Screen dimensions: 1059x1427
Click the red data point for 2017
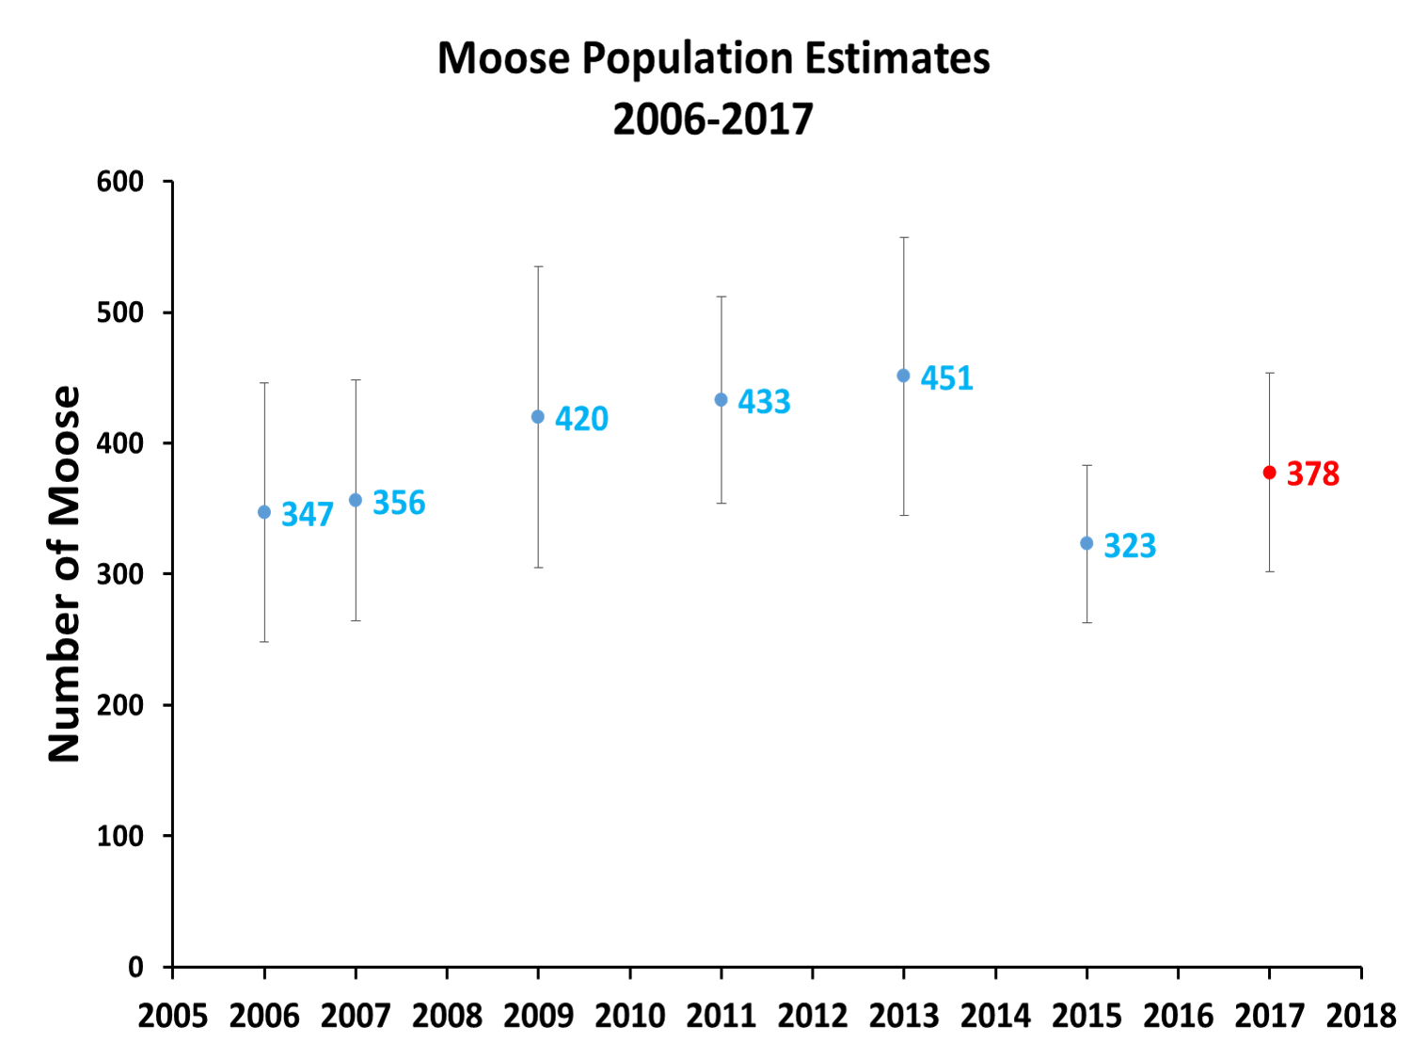click(x=1269, y=473)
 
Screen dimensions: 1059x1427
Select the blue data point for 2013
click(x=903, y=376)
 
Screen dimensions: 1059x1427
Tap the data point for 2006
click(x=264, y=512)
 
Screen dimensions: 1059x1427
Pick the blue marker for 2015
click(x=1086, y=543)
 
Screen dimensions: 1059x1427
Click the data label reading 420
click(x=581, y=419)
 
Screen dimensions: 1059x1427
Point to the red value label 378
click(x=1312, y=473)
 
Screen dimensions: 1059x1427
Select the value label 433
click(x=764, y=402)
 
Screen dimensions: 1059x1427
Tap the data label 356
click(x=399, y=504)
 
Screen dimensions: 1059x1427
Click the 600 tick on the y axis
click(x=120, y=182)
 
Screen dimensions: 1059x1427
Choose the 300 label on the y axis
click(x=120, y=574)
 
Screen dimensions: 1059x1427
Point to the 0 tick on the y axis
click(x=135, y=967)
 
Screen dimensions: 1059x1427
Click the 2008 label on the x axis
click(x=447, y=1017)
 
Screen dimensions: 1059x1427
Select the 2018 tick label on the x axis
click(x=1360, y=1017)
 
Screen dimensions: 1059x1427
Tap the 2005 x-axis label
click(x=173, y=1017)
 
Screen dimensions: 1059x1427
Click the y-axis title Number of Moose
click(x=65, y=573)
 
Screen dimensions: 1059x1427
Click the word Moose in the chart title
click(x=503, y=58)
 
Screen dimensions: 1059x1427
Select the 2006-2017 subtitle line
click(x=713, y=120)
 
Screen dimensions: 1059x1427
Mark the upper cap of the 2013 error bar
click(x=904, y=237)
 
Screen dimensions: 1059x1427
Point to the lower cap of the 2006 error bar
click(x=264, y=642)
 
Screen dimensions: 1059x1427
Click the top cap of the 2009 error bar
click(x=538, y=266)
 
